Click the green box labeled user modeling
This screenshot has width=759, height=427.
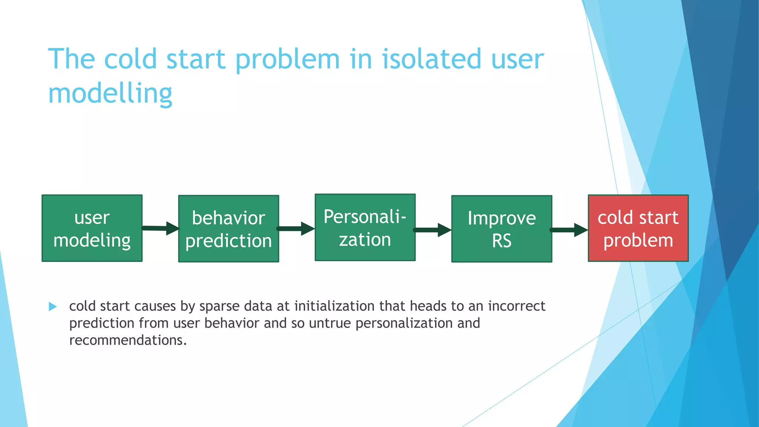pyautogui.click(x=92, y=228)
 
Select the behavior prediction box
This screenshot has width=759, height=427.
pyautogui.click(x=228, y=229)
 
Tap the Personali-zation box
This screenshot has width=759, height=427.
pyautogui.click(x=365, y=228)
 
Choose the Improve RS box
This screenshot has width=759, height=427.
pyautogui.click(x=501, y=229)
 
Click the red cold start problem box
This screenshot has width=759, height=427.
pyautogui.click(x=638, y=228)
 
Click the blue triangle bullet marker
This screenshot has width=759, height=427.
pyautogui.click(x=53, y=307)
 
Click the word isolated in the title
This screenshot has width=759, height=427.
pyautogui.click(x=431, y=59)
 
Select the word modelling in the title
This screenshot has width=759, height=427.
pyautogui.click(x=110, y=93)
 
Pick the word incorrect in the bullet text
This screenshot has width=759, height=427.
pyautogui.click(x=517, y=306)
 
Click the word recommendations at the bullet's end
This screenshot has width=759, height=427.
pyautogui.click(x=128, y=340)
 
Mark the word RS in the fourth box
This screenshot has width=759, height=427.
pyautogui.click(x=501, y=241)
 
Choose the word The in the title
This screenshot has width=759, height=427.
pyautogui.click(x=72, y=59)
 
